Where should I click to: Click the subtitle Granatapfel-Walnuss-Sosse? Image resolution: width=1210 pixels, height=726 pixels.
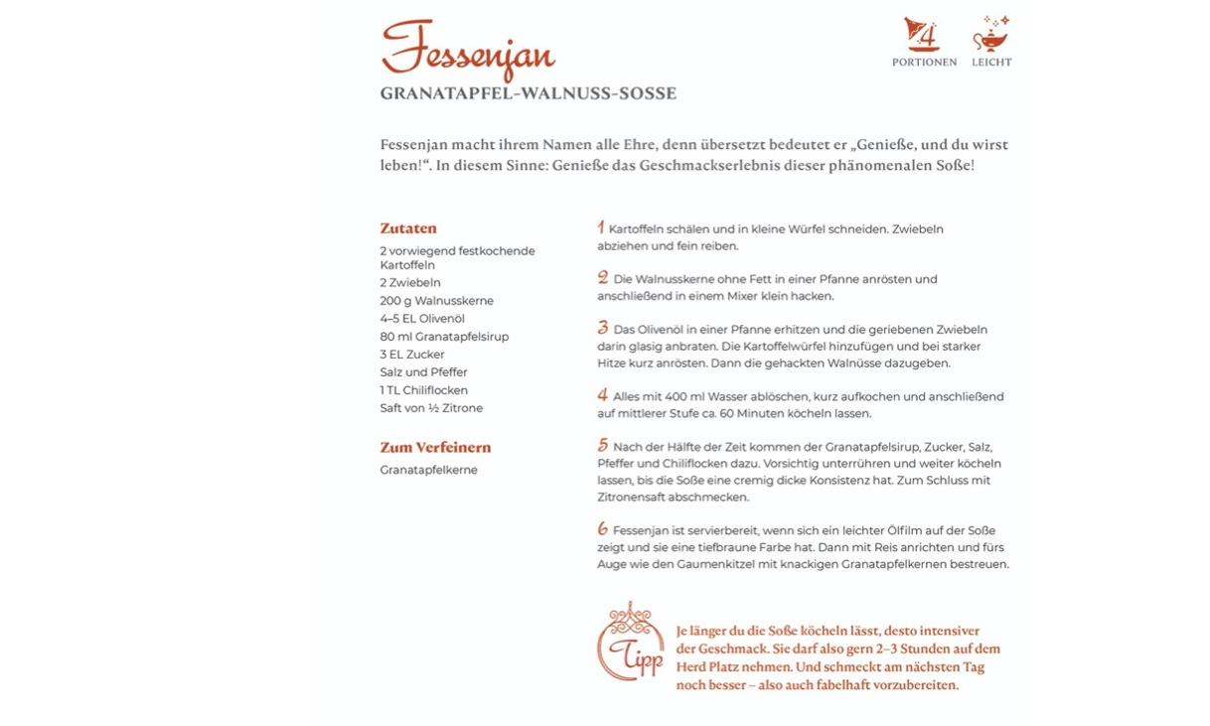[x=528, y=94]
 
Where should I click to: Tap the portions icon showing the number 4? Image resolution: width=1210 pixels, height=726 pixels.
[x=923, y=35]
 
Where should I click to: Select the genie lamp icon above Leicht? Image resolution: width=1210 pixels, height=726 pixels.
[x=990, y=35]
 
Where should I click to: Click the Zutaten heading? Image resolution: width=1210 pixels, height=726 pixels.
[x=407, y=228]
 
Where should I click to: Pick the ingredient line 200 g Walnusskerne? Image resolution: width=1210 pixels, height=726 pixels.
[x=436, y=301]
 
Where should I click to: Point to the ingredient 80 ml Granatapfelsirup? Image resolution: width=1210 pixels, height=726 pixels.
[x=444, y=337]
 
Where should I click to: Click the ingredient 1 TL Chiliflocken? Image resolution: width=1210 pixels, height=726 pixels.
[x=423, y=390]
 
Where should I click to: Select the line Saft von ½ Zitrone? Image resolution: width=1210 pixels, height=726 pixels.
[x=431, y=408]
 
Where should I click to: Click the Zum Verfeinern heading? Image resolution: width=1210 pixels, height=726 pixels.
[x=435, y=448]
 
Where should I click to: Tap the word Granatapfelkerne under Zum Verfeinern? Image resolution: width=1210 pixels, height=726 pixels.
[x=428, y=470]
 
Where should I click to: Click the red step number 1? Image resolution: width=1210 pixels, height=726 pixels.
[x=601, y=227]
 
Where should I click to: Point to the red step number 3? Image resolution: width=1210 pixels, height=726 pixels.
[x=602, y=328]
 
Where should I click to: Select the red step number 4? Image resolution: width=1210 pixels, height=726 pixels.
[x=602, y=395]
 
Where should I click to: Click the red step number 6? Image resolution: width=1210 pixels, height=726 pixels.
[x=602, y=529]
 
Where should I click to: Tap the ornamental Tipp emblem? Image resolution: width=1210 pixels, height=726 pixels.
[x=631, y=642]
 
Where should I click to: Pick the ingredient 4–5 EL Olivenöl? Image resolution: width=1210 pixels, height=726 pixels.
[x=421, y=319]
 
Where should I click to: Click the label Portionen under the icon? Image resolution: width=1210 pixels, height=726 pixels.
[x=924, y=63]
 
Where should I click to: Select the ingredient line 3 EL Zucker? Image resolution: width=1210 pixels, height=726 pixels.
[x=411, y=355]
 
